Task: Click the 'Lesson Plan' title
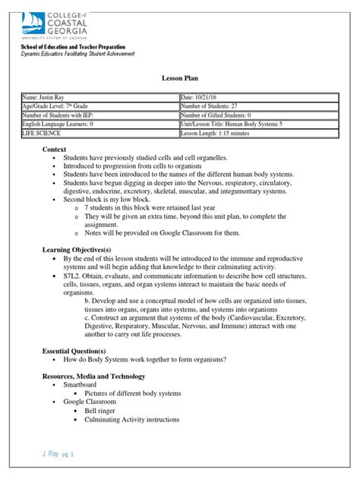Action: (180, 78)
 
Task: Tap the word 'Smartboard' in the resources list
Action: (85, 386)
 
